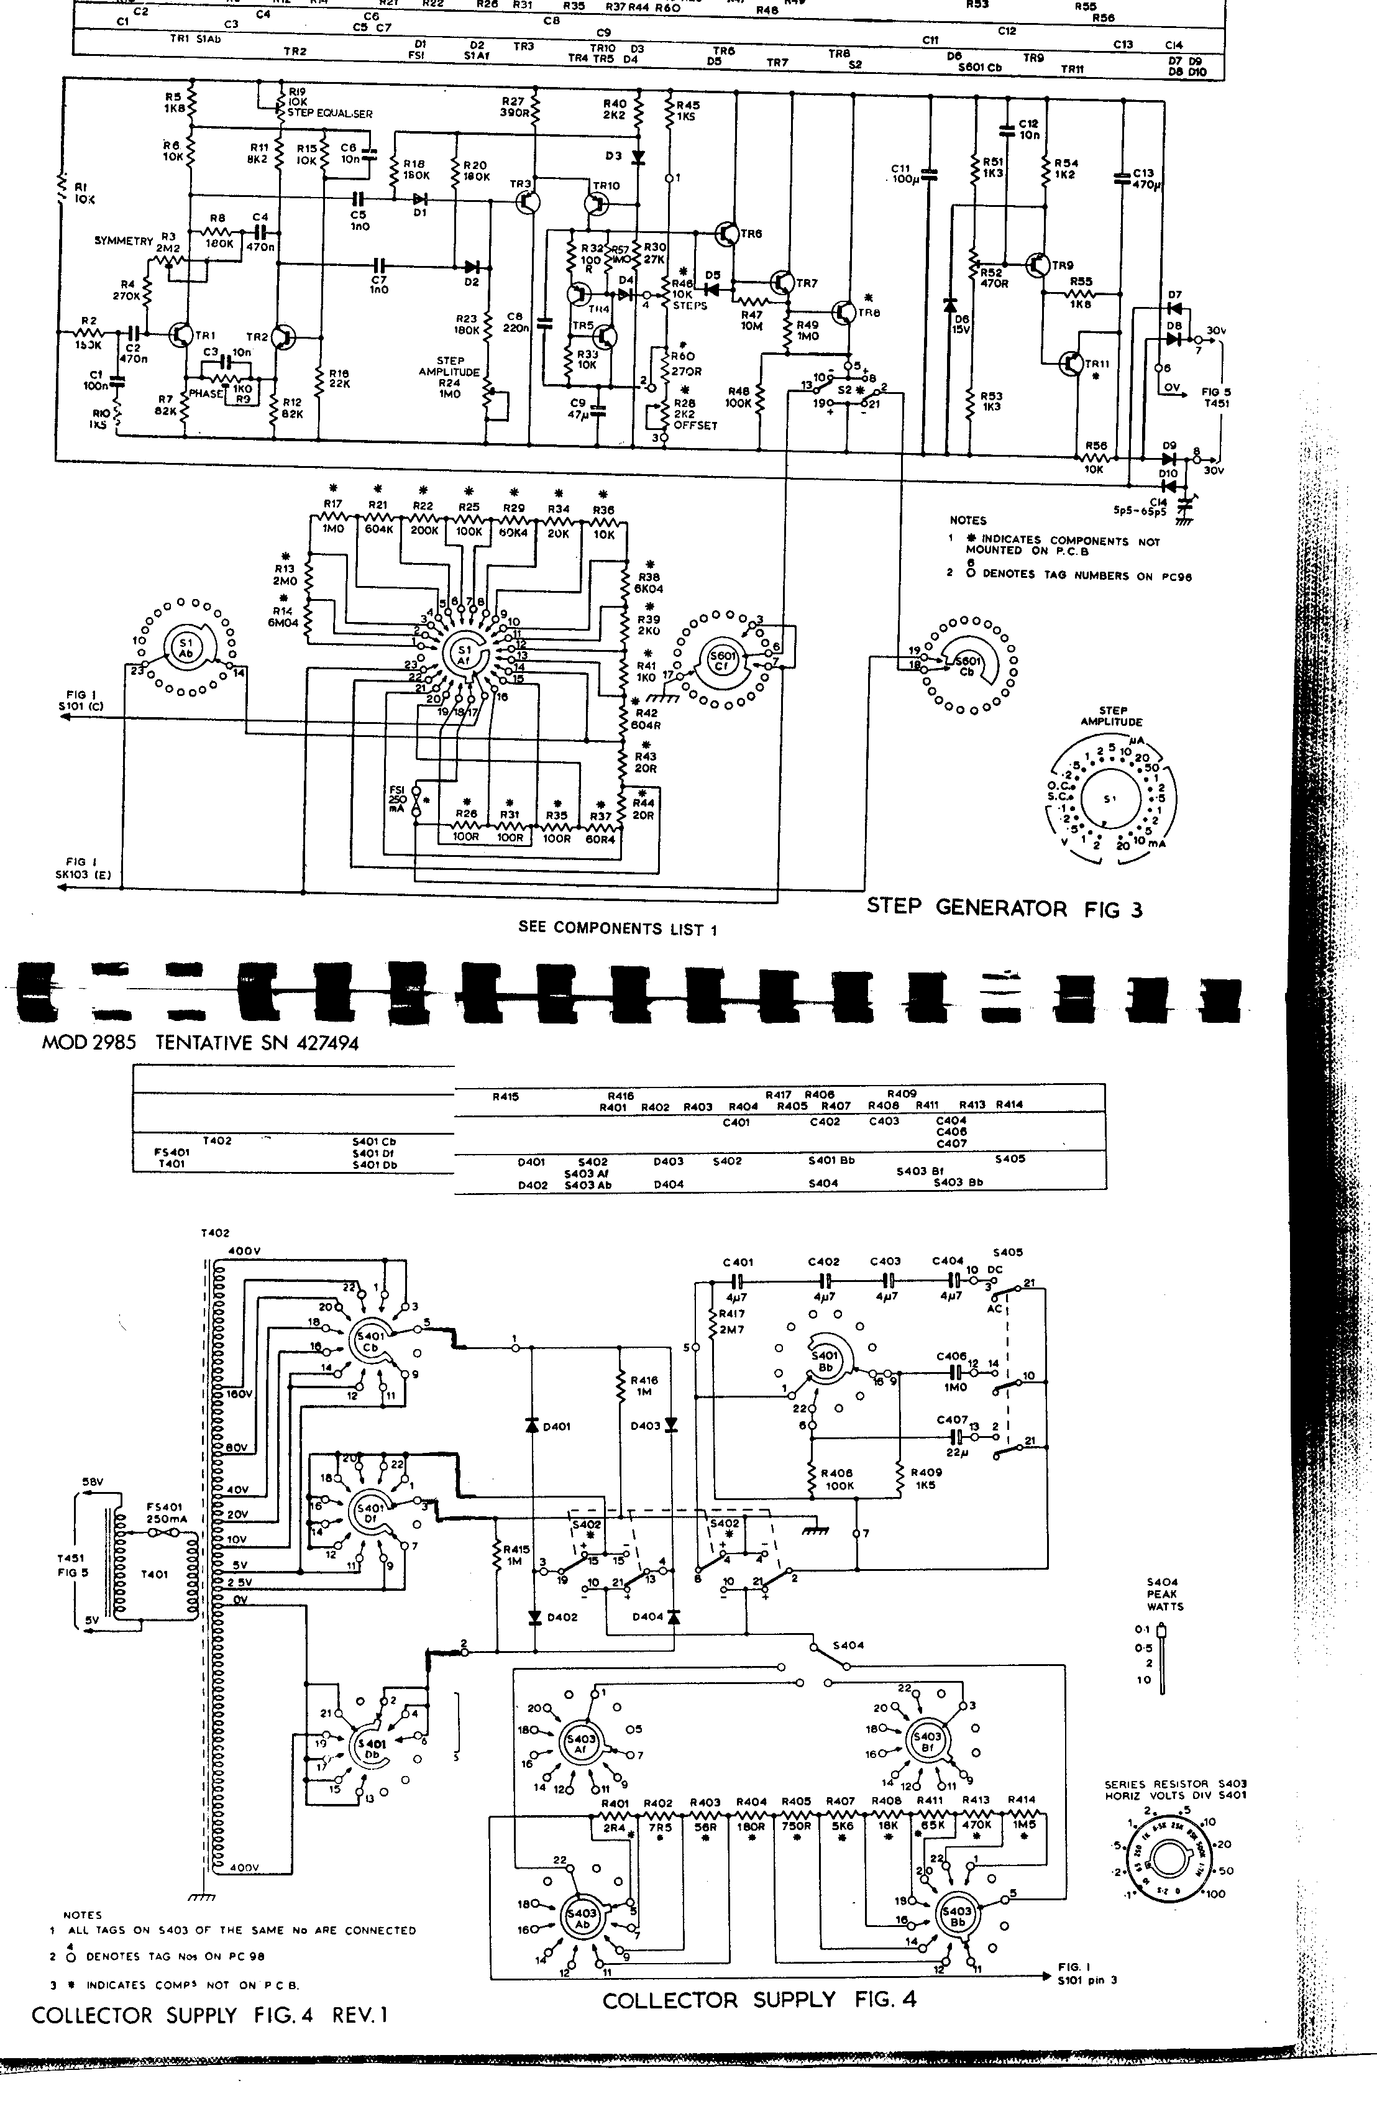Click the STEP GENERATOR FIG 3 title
pos(1004,909)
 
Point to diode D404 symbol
pos(672,1616)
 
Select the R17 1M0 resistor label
pos(333,517)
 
